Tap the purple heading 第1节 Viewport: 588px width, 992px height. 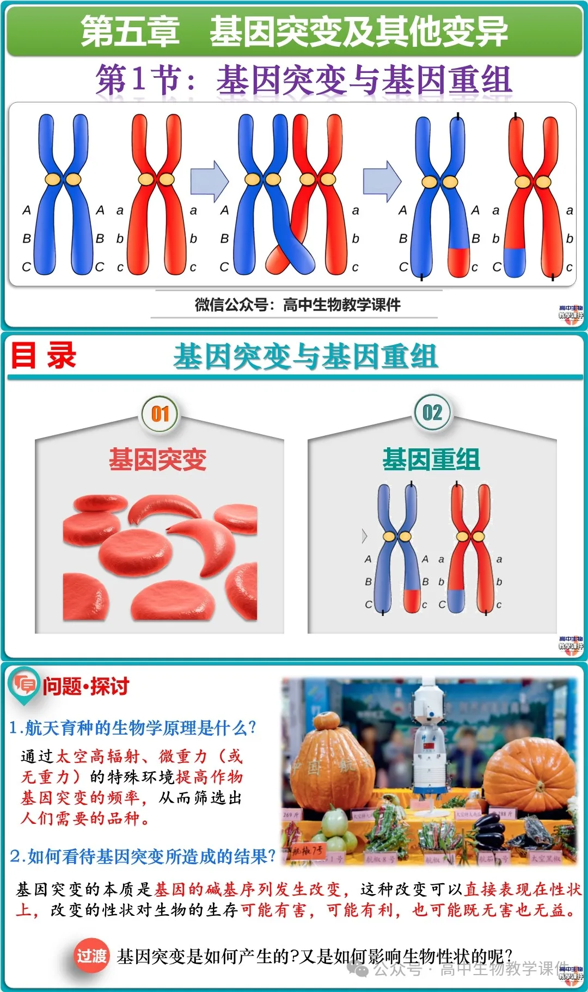coord(138,79)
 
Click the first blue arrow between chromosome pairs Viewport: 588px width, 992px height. coord(209,180)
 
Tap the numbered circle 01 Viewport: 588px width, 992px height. coord(160,414)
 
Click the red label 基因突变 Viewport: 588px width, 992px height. coord(158,459)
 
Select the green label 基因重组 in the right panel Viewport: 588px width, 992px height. coord(431,459)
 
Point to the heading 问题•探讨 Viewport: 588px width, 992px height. coord(86,686)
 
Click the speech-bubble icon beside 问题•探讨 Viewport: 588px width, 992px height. coord(24,684)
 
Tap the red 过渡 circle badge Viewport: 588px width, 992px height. coord(91,956)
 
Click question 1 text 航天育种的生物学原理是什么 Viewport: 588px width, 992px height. coord(139,728)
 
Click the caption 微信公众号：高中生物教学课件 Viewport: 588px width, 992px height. coord(297,305)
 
